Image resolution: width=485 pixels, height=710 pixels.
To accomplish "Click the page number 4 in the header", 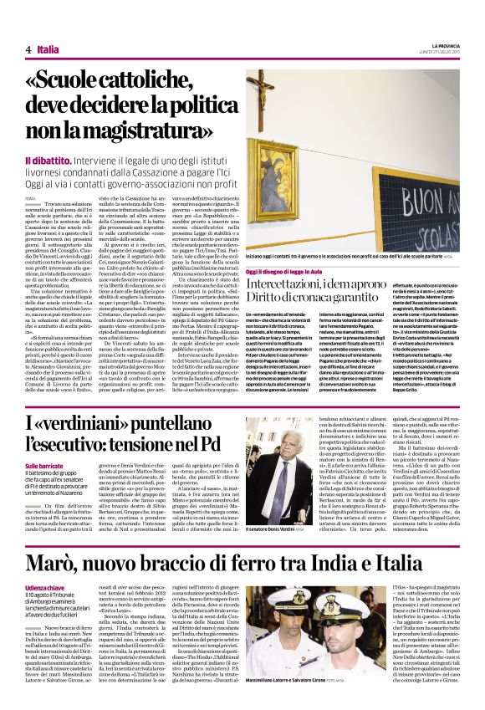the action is (28, 49).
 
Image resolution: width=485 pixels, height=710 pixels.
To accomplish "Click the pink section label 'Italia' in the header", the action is (48, 49).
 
